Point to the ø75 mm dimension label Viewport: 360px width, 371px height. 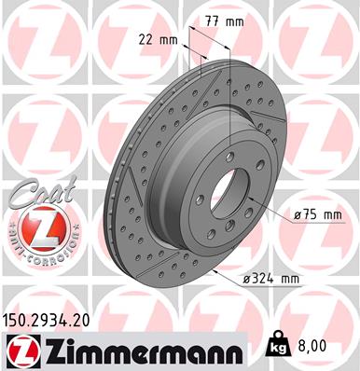click(317, 215)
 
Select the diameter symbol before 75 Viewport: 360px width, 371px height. click(298, 215)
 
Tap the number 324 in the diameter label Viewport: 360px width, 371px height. click(260, 277)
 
